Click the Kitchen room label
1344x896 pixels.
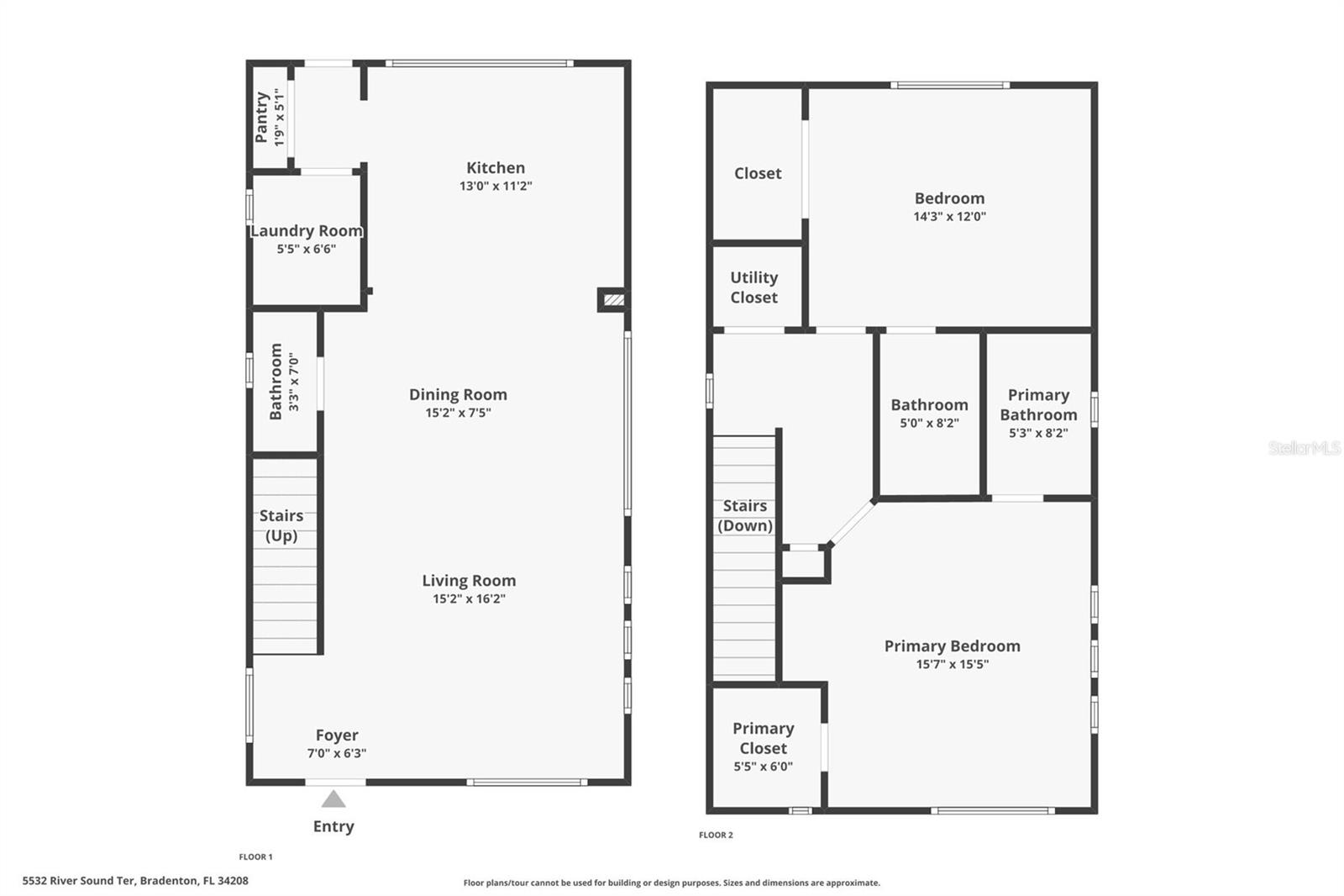496,168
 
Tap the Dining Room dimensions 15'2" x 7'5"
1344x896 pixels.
458,413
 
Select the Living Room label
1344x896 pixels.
469,581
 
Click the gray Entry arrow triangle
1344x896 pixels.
333,799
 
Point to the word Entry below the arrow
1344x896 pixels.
333,826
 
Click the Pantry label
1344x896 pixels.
262,118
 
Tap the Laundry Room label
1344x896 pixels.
307,231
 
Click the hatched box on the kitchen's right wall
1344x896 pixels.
614,299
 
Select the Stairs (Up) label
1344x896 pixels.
281,525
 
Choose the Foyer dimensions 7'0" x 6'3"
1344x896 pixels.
336,753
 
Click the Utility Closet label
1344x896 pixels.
753,287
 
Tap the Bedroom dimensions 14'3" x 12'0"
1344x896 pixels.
949,216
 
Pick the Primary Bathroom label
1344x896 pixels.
1038,404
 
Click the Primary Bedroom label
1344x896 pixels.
952,646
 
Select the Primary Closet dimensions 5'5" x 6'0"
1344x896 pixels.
763,767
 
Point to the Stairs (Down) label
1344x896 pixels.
744,515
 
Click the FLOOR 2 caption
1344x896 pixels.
716,835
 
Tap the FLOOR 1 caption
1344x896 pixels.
255,856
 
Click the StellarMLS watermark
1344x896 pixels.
1304,448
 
